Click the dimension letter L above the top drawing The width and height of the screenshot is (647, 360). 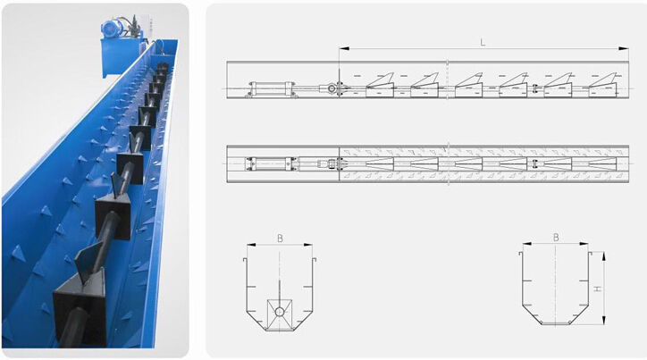point(483,42)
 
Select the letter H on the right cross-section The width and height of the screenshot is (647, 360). point(597,289)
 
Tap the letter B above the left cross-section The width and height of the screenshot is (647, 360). point(280,239)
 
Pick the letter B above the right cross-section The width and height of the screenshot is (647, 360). point(556,238)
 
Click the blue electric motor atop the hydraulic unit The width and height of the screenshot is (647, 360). point(113,29)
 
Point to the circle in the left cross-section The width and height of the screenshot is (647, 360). point(280,312)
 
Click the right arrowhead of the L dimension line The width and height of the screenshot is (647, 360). point(624,48)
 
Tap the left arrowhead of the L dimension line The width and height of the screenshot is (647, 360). point(344,48)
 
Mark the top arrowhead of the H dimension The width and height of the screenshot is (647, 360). point(604,256)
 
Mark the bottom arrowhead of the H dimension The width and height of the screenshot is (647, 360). point(604,320)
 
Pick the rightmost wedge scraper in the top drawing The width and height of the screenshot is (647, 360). point(602,85)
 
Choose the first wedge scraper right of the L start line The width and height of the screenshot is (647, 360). point(380,85)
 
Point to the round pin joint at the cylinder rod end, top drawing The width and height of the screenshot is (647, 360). point(332,88)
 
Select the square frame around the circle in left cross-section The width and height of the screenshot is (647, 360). point(280,315)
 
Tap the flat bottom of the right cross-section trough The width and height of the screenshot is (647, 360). point(555,323)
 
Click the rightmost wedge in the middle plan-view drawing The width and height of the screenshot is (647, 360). point(602,163)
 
